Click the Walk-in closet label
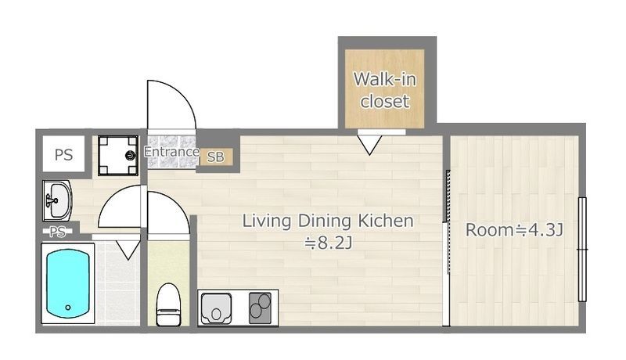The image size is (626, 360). point(385,90)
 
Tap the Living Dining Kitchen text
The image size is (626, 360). point(328,221)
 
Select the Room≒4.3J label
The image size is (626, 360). point(514,230)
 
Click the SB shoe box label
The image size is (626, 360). point(216,157)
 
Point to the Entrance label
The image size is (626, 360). point(171,152)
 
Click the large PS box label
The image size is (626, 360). point(64,154)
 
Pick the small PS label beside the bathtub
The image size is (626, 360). point(57,232)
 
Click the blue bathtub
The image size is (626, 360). point(68,283)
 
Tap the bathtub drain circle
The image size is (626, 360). point(68,308)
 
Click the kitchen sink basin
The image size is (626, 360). point(216,308)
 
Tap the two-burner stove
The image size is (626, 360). point(261,308)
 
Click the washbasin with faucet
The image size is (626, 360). point(57,200)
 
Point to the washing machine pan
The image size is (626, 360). point(118,156)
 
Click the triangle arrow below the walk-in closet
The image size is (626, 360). point(369,145)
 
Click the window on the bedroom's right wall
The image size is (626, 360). point(582,250)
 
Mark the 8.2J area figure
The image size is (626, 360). point(328,243)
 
